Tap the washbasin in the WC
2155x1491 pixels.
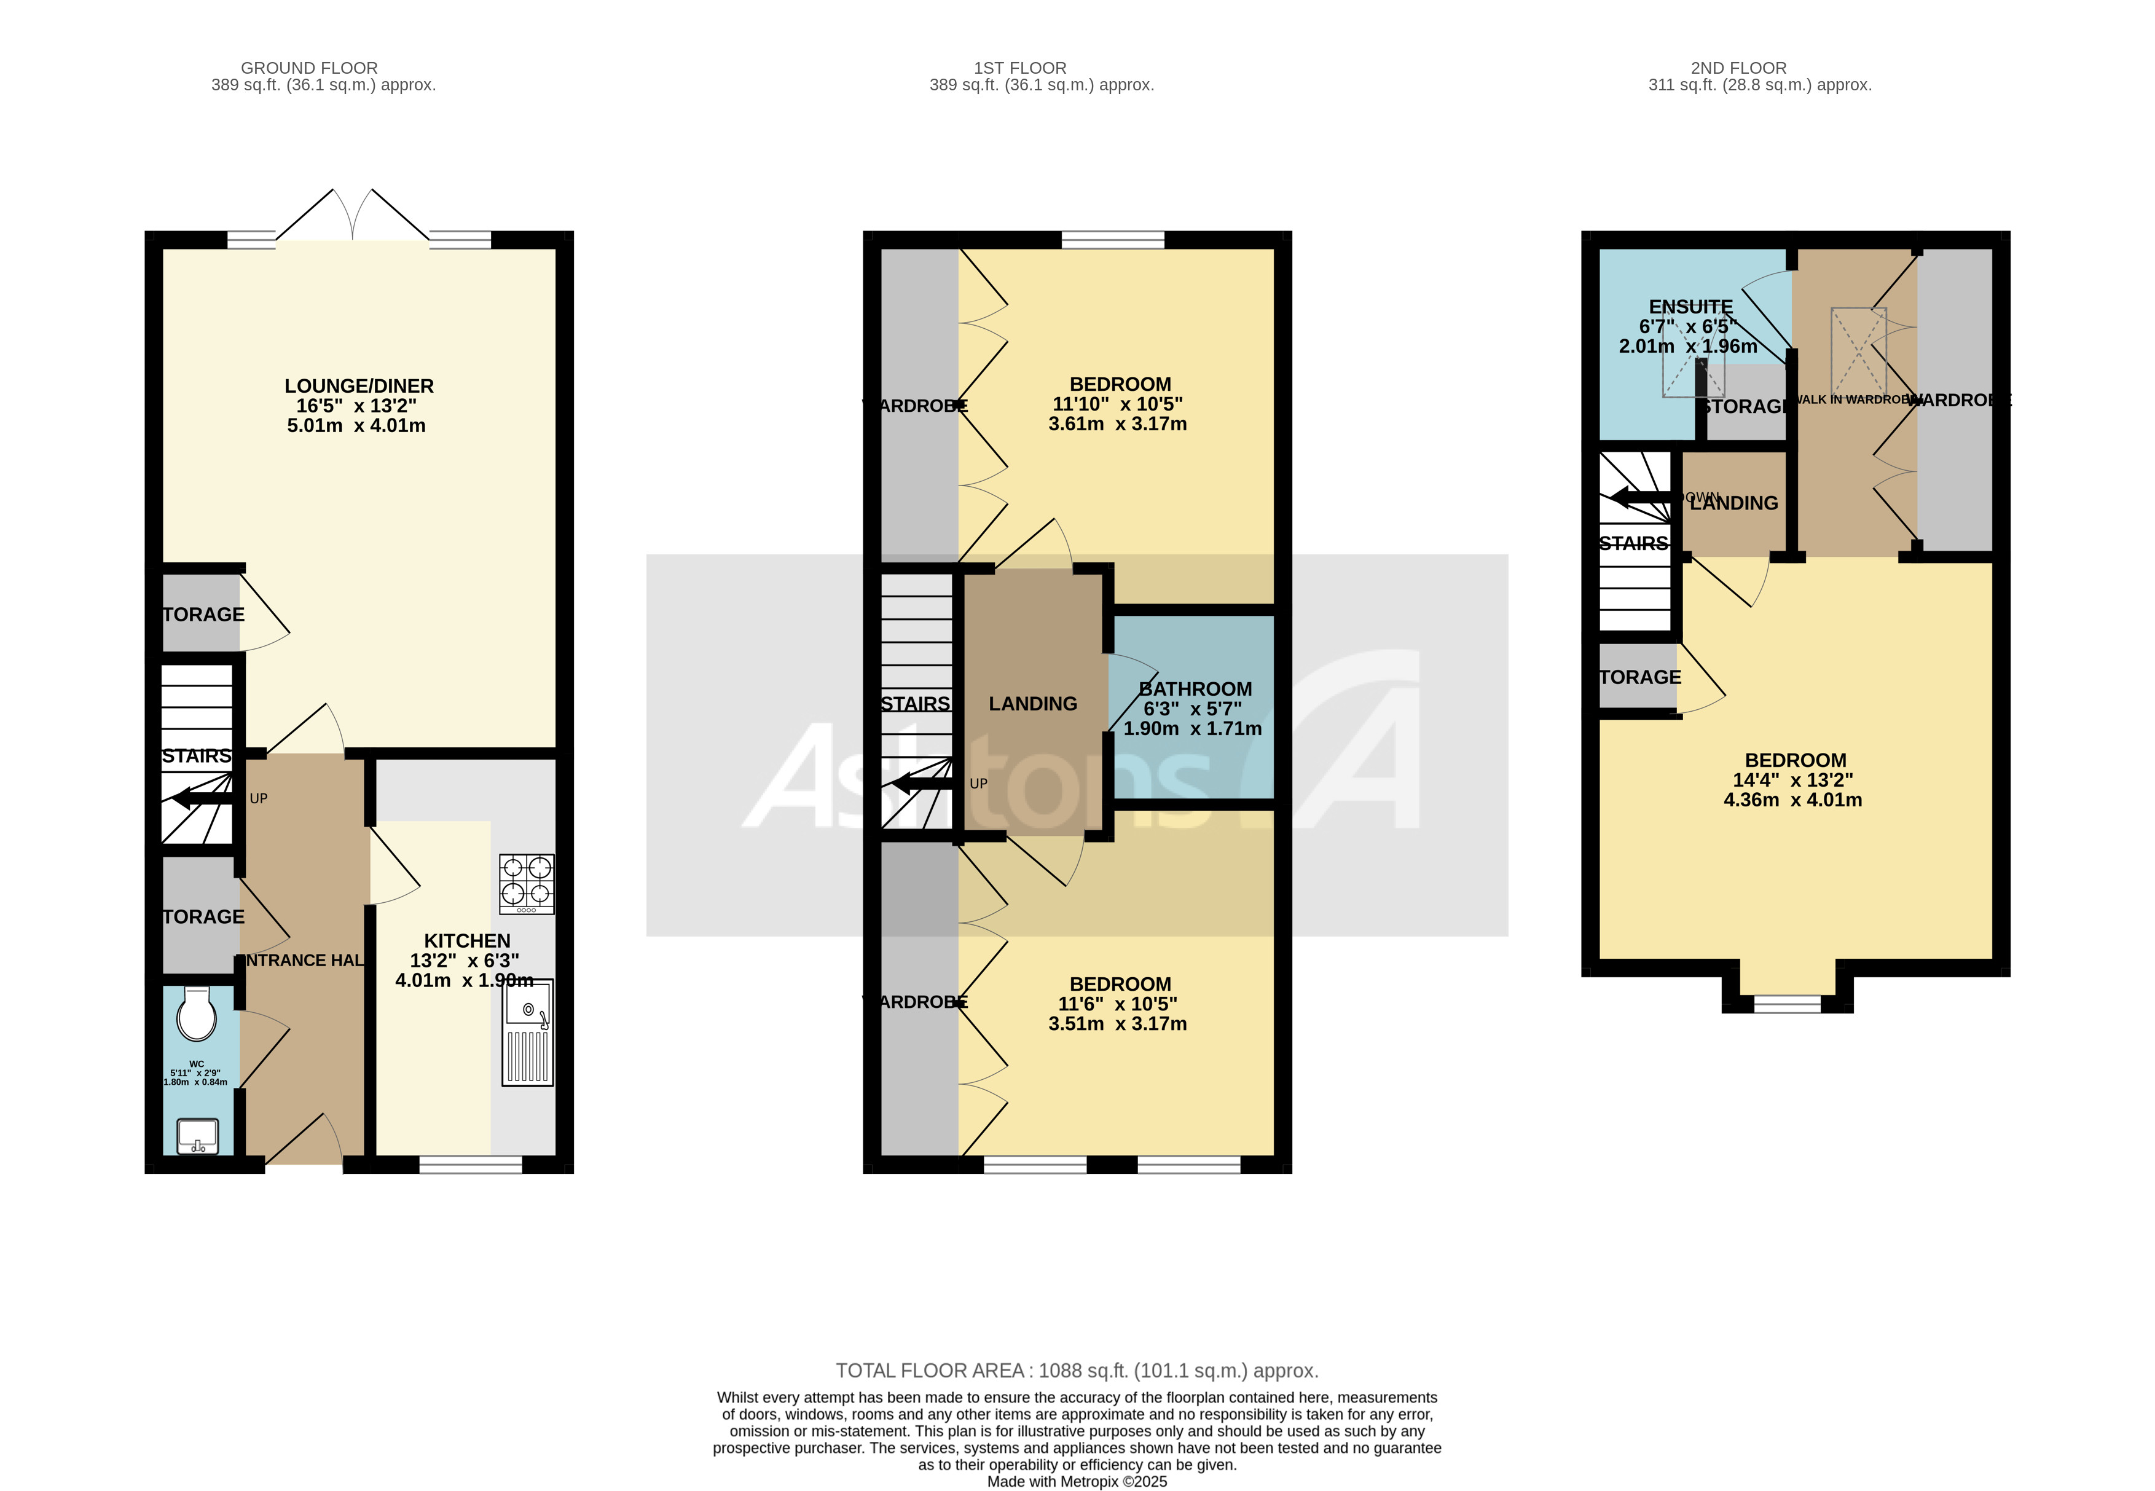click(197, 1136)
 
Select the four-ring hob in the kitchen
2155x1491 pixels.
click(527, 884)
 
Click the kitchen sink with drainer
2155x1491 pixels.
click(528, 1033)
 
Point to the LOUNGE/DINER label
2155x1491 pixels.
click(359, 386)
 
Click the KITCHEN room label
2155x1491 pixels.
click(467, 941)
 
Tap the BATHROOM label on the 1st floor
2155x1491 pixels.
click(1195, 688)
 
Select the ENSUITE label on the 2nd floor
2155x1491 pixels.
click(1690, 307)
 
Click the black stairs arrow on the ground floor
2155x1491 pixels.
click(202, 799)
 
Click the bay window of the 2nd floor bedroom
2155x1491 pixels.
click(1787, 1004)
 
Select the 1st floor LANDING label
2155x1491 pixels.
click(1032, 704)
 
